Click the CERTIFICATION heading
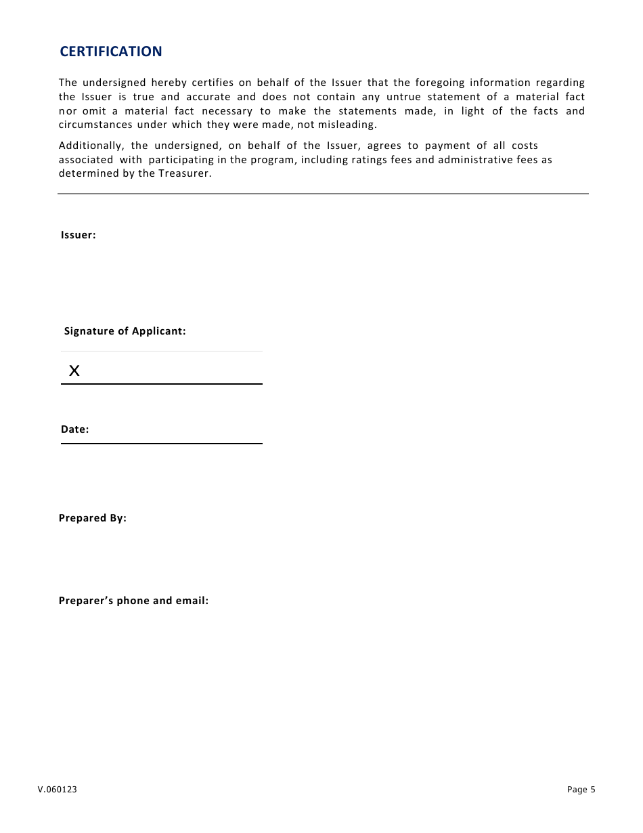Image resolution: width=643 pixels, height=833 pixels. [111, 51]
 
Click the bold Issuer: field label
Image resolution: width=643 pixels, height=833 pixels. [79, 235]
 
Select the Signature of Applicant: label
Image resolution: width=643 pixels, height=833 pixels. [125, 331]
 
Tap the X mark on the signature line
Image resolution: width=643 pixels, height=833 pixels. [74, 370]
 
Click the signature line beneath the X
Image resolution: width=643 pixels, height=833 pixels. [162, 384]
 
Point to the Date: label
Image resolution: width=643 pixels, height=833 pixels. [75, 429]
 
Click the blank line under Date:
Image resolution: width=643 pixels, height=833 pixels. [162, 444]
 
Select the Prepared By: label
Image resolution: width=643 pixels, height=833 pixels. [93, 518]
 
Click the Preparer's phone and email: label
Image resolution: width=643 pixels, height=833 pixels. [133, 601]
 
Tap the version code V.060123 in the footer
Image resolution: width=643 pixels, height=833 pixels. [58, 790]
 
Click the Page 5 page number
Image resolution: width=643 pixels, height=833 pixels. [581, 790]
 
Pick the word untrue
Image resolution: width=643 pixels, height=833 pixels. [403, 97]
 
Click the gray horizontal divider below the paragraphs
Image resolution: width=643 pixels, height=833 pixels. [323, 194]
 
